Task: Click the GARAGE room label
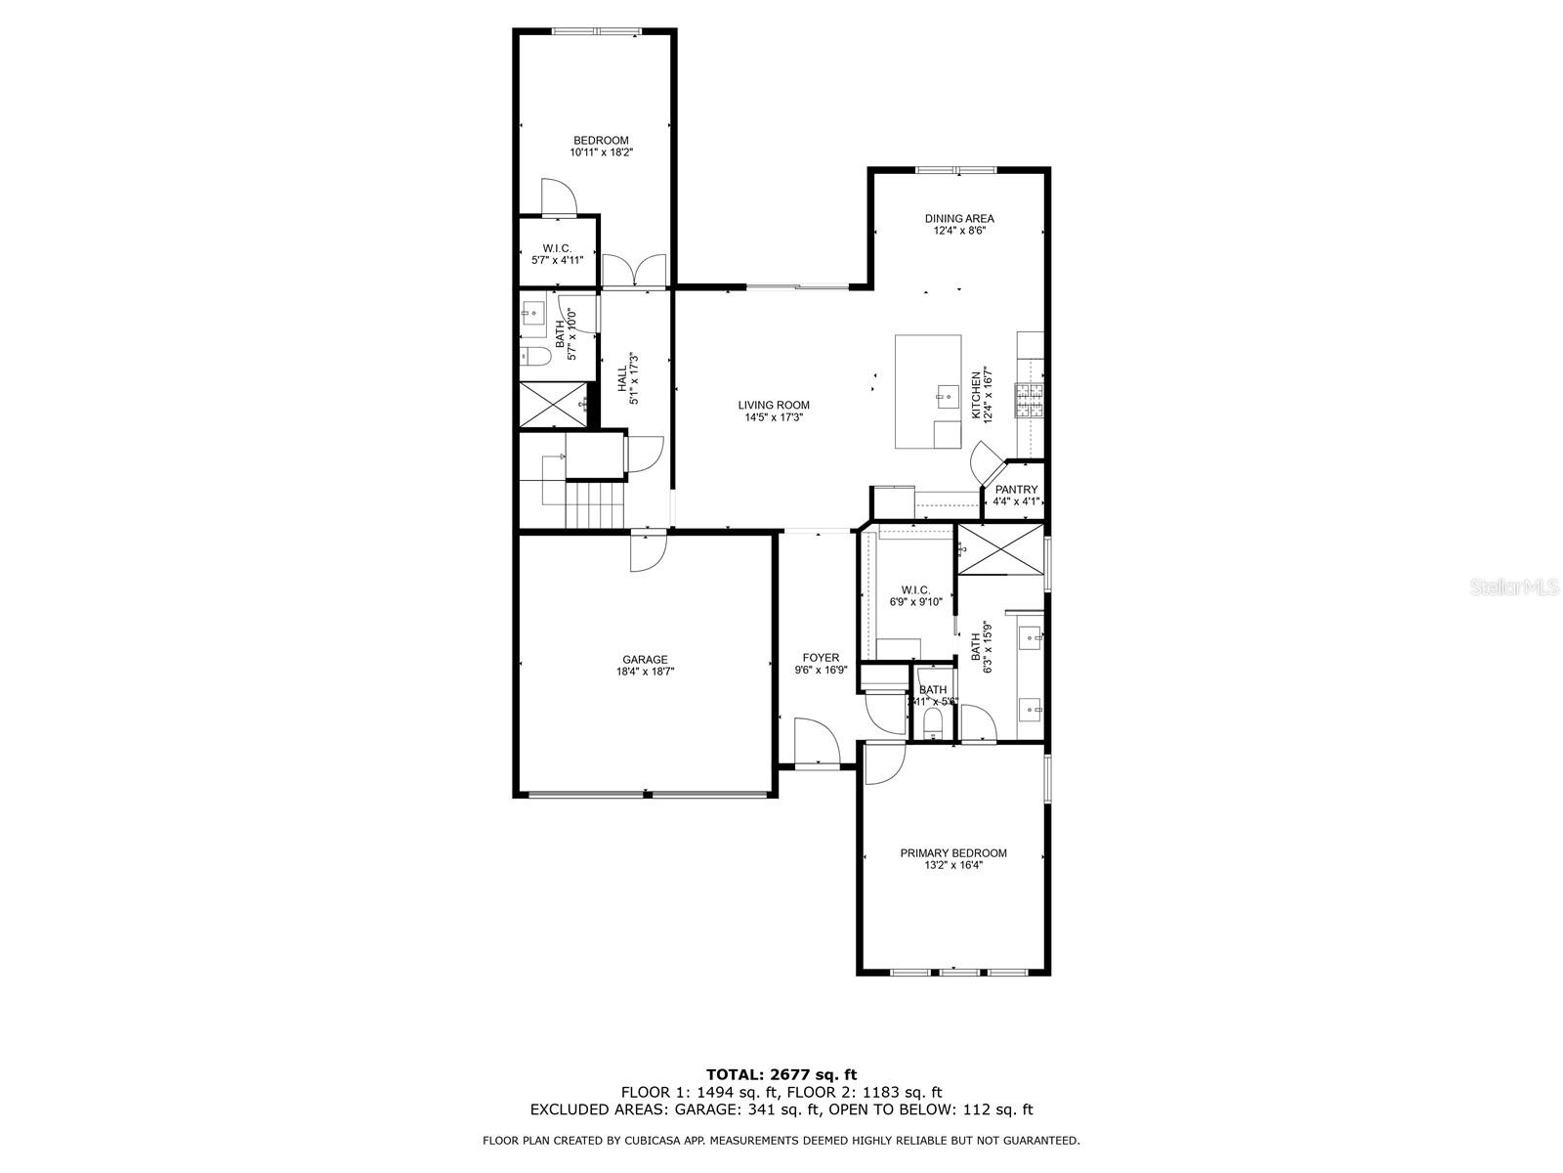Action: (x=645, y=659)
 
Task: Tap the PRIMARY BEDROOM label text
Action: (x=952, y=852)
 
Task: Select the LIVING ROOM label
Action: (x=773, y=405)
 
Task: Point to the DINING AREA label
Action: (x=959, y=218)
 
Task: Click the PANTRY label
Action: (x=1016, y=490)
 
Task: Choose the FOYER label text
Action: (x=821, y=658)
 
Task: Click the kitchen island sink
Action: (x=945, y=395)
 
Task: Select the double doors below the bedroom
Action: (x=635, y=271)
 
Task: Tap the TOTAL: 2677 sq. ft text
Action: (x=781, y=1074)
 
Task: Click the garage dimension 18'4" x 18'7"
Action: (x=645, y=672)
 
